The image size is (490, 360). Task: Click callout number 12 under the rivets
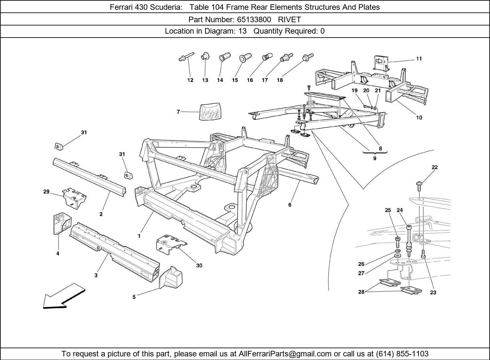190,80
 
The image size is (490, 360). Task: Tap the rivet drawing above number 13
205,56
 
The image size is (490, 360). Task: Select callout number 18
280,80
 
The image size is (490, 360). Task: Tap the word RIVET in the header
289,19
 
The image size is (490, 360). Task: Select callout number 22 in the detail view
434,167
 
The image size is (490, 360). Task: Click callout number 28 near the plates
361,292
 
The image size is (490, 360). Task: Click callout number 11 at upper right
419,59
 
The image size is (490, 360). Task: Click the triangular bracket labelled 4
60,224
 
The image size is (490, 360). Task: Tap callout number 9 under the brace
375,158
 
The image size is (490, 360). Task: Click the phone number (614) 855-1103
402,354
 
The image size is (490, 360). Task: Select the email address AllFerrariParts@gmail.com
285,354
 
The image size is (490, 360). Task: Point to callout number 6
290,205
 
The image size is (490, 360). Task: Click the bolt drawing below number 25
397,242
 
